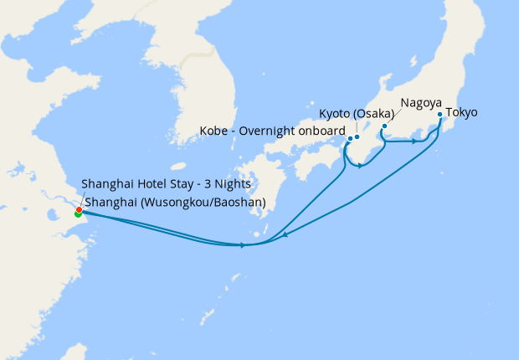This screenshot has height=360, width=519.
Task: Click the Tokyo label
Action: click(x=462, y=112)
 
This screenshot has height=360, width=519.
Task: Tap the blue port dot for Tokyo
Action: click(x=440, y=113)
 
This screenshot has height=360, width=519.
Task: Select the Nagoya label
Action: click(x=421, y=102)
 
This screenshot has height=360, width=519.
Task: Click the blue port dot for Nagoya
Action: click(x=384, y=126)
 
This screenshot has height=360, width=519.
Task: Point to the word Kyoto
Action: click(x=336, y=114)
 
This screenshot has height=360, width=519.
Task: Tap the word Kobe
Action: click(x=214, y=131)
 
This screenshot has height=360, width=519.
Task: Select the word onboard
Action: click(x=323, y=131)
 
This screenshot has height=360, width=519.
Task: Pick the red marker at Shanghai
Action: click(x=79, y=209)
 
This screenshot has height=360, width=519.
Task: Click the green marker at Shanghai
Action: click(x=78, y=214)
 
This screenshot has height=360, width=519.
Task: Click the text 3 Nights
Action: click(x=228, y=184)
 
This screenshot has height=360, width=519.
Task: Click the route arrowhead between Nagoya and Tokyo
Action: click(x=414, y=141)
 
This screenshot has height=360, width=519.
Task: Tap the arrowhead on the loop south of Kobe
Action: click(x=360, y=165)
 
